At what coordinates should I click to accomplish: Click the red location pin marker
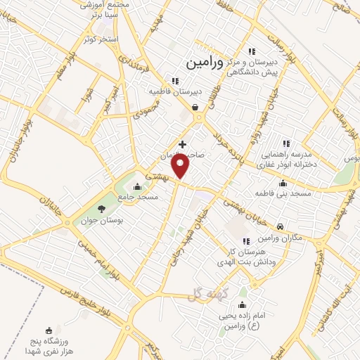(x=182, y=166)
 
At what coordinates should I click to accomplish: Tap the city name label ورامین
(x=205, y=63)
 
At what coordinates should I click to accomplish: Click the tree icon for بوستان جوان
(x=101, y=208)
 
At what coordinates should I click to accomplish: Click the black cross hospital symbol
(x=183, y=144)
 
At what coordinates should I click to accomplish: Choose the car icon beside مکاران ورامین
(x=281, y=226)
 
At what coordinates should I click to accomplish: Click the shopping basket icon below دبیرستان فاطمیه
(x=195, y=108)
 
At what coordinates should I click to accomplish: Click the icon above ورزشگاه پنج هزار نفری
(x=48, y=330)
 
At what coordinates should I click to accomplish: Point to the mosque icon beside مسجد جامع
(x=136, y=187)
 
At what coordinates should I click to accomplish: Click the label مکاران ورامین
(x=304, y=237)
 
